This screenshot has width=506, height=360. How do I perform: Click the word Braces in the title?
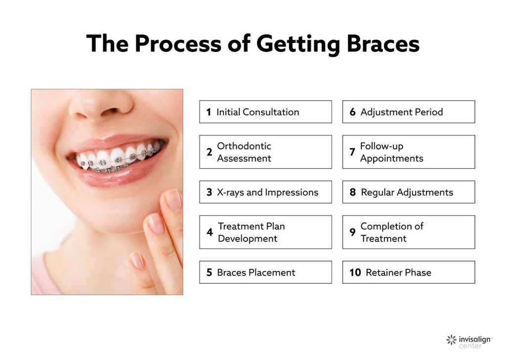point(382,44)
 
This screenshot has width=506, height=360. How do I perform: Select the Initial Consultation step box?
point(265,112)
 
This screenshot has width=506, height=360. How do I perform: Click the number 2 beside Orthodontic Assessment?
point(210,152)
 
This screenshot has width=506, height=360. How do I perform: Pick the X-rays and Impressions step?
point(265,192)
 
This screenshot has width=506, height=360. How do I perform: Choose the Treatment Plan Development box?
point(265,232)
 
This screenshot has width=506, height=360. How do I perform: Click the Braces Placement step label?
point(256,272)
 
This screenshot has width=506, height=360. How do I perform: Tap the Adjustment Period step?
point(408,112)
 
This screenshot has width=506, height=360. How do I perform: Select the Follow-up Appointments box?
point(408,152)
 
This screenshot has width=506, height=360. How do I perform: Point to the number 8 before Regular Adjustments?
point(352,192)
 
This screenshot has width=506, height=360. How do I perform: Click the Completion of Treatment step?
point(408,232)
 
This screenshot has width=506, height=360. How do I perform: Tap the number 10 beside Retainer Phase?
point(355,272)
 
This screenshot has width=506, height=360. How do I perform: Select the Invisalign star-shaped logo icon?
point(451,340)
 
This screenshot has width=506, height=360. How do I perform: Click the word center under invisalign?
point(470,346)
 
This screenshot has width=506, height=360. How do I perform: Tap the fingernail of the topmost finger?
point(173,199)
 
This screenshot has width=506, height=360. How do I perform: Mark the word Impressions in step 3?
point(292,192)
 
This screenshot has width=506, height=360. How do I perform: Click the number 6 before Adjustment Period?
point(352,112)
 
